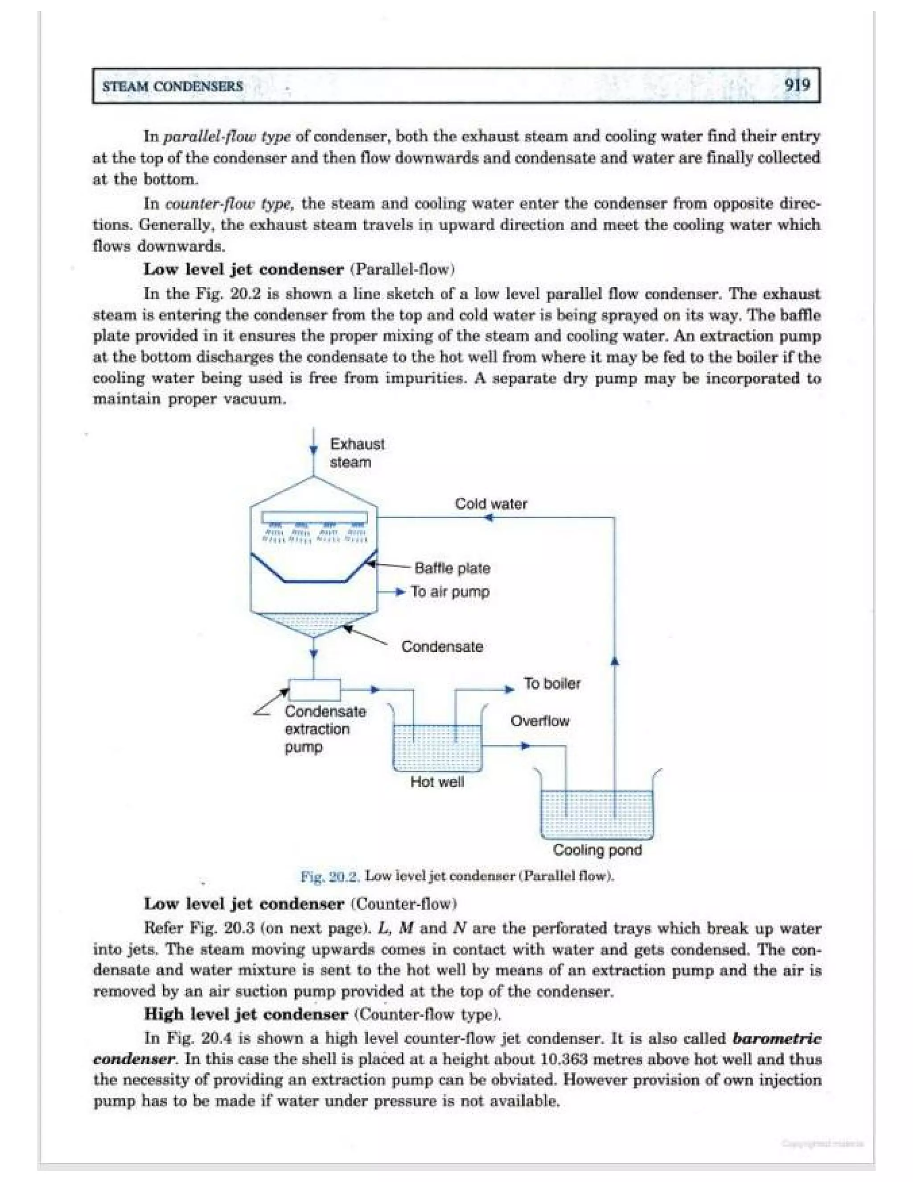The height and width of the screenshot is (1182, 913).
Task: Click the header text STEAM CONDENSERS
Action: click(173, 87)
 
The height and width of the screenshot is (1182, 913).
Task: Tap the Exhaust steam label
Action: click(357, 453)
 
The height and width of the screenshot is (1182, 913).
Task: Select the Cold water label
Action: click(490, 504)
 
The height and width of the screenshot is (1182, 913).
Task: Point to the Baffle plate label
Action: click(452, 568)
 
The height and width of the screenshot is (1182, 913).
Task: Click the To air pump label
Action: click(450, 591)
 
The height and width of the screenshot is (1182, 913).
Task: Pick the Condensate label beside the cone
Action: click(442, 647)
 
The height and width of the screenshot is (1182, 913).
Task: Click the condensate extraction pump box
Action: click(314, 690)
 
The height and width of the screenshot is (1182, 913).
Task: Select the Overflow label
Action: click(540, 721)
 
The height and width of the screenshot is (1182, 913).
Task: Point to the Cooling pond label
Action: click(597, 850)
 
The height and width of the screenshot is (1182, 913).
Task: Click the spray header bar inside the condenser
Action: click(314, 517)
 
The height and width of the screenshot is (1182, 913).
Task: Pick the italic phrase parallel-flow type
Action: click(226, 136)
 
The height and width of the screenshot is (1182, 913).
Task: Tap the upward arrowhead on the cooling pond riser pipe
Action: click(614, 661)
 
